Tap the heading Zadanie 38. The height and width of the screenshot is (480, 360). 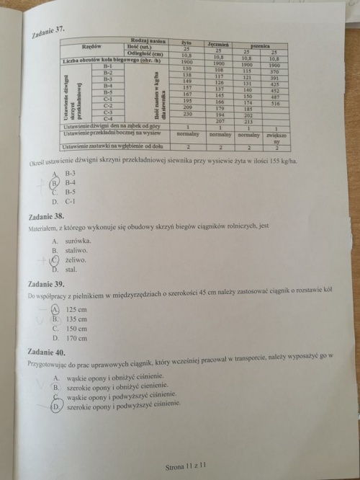click(45, 215)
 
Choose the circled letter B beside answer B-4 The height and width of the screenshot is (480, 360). click(54, 183)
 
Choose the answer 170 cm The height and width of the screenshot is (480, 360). click(76, 337)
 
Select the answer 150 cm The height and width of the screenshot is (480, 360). click(76, 327)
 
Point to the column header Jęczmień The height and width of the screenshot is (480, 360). click(218, 45)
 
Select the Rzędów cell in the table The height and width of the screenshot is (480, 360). click(74, 45)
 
